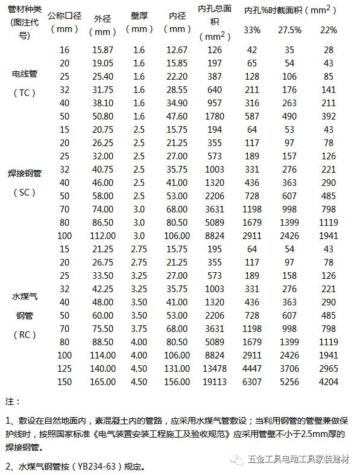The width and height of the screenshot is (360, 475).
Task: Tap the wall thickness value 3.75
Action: click(x=139, y=328)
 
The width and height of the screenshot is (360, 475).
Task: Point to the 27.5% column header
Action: click(x=289, y=30)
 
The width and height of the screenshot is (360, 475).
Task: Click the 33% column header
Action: click(x=252, y=30)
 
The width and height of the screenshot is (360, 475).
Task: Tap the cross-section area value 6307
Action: click(x=252, y=381)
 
